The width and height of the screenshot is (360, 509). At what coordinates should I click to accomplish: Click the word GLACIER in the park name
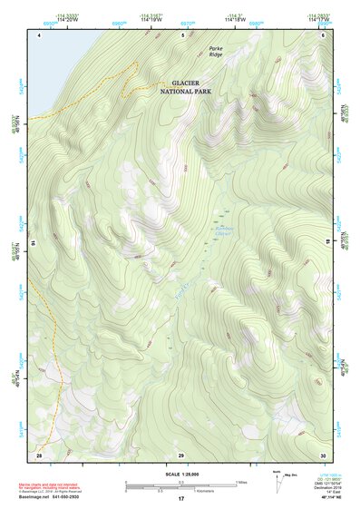pyautogui.click(x=185, y=83)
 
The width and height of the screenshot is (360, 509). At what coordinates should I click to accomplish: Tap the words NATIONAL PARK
pyautogui.click(x=185, y=92)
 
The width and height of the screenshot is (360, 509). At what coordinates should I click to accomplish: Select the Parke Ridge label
pyautogui.click(x=216, y=52)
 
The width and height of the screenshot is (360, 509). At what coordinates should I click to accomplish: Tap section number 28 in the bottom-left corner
pyautogui.click(x=39, y=453)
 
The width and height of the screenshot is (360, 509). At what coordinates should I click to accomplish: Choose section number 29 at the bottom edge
pyautogui.click(x=181, y=453)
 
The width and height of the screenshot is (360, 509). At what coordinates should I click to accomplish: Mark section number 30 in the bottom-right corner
pyautogui.click(x=322, y=453)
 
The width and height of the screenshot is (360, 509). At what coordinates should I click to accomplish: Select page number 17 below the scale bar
pyautogui.click(x=180, y=499)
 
